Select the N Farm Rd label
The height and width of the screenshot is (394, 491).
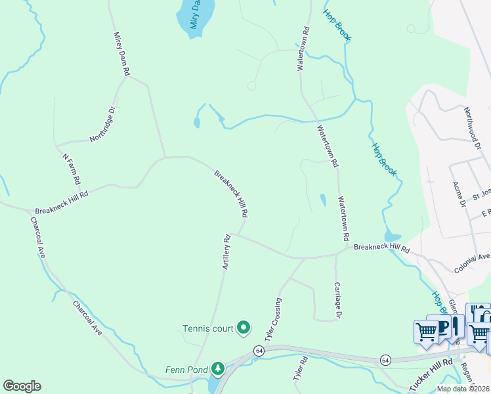[71, 169]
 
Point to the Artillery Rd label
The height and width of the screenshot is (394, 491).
[226, 252]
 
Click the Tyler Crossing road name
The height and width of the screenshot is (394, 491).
[273, 319]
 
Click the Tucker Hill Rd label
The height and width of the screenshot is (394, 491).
[431, 375]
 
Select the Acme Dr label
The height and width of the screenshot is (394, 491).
[458, 194]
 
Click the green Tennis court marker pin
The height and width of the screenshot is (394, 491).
[244, 326]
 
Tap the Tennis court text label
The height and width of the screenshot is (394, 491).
[208, 328]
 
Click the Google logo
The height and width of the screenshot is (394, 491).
[22, 386]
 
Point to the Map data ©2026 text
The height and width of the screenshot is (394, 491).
[463, 389]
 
